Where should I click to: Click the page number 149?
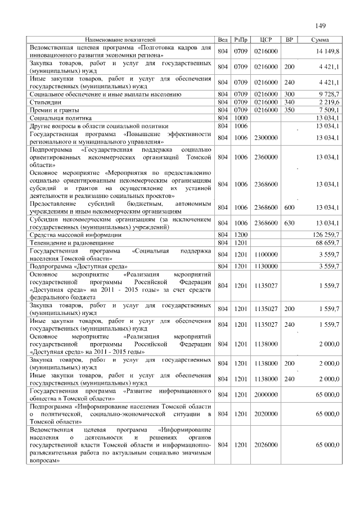[x=321, y=26]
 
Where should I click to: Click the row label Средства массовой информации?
[x=75, y=234]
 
